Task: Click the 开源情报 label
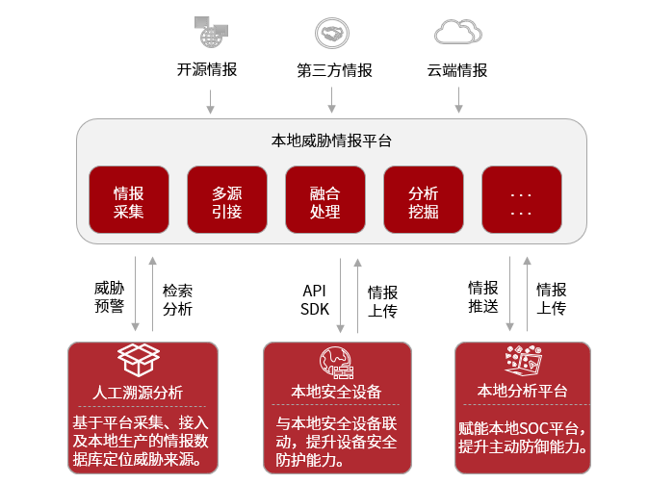tap(207, 70)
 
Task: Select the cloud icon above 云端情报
tap(457, 33)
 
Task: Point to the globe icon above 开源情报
tap(211, 32)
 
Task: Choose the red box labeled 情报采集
tap(129, 200)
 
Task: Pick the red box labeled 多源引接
tap(227, 200)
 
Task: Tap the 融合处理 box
tap(325, 200)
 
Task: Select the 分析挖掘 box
tap(424, 200)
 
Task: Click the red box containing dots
tap(522, 200)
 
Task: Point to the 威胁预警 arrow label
tap(109, 297)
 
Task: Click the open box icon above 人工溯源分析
tap(138, 360)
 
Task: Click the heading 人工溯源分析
tap(138, 393)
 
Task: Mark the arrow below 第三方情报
tap(332, 99)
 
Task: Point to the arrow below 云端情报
tap(458, 99)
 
